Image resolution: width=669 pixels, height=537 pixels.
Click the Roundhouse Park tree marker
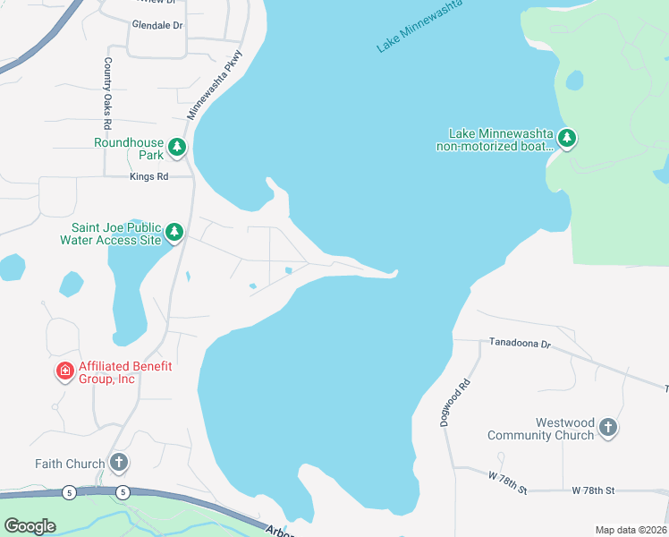point(177,147)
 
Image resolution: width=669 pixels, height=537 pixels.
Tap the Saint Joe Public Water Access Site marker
point(174,233)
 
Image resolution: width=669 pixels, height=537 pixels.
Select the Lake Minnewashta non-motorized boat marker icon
point(566,139)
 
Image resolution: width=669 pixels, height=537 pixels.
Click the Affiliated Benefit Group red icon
point(64,371)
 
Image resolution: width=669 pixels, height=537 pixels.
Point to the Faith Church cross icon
point(119,463)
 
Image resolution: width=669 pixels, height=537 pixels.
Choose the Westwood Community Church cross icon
point(607,428)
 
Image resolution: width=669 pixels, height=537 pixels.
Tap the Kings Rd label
point(149,177)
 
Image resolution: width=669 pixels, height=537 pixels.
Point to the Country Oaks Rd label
point(107,93)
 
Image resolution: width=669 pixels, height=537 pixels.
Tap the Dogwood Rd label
point(455,403)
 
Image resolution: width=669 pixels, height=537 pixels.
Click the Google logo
point(30,525)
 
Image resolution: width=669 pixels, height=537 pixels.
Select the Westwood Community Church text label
point(540,429)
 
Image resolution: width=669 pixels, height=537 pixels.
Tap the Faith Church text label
point(69,464)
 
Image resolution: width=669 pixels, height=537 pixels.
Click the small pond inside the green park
point(574,81)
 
